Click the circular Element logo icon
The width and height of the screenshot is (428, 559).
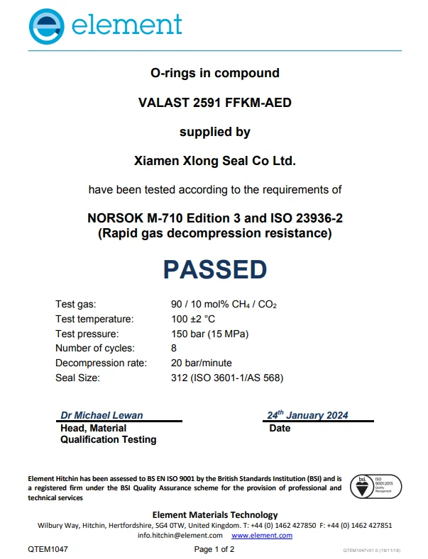(x=46, y=26)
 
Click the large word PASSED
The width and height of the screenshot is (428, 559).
(x=215, y=269)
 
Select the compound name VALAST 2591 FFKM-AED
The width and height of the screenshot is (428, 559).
(x=214, y=103)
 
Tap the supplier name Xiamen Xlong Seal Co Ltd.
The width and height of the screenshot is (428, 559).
(x=214, y=161)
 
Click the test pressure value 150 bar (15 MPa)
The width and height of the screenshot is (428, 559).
(x=210, y=334)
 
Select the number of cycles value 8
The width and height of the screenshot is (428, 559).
(x=174, y=348)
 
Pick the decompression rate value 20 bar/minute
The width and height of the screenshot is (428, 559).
(x=202, y=363)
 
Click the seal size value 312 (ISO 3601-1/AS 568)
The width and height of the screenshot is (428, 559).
(x=227, y=378)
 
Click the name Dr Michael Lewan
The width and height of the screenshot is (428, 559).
(x=101, y=415)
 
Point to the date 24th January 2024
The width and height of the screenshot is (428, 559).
(x=307, y=415)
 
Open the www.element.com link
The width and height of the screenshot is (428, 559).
(x=262, y=536)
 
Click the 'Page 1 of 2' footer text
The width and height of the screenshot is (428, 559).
(x=214, y=550)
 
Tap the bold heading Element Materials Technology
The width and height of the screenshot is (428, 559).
(x=214, y=515)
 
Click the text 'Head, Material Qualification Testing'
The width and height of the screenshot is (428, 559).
(x=108, y=434)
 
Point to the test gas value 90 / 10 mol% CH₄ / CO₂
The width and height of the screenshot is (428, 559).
(x=224, y=305)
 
